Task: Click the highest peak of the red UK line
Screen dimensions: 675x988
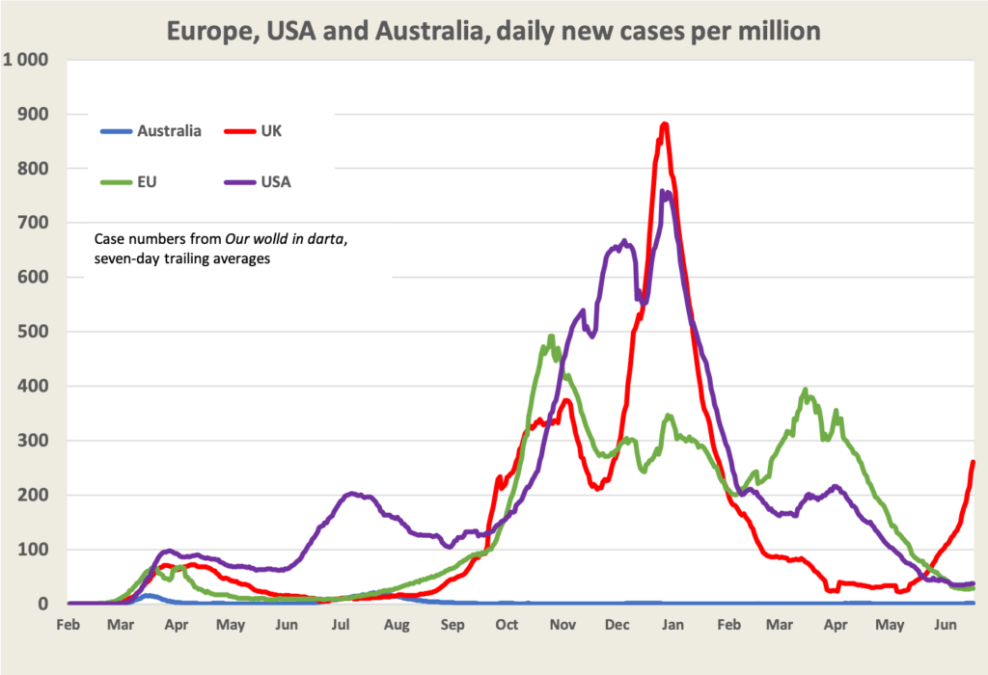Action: coord(664,123)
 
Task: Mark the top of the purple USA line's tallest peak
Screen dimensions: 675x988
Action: coord(664,192)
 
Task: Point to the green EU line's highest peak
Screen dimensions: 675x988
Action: coord(551,337)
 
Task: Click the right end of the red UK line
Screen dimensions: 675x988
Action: coord(973,462)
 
